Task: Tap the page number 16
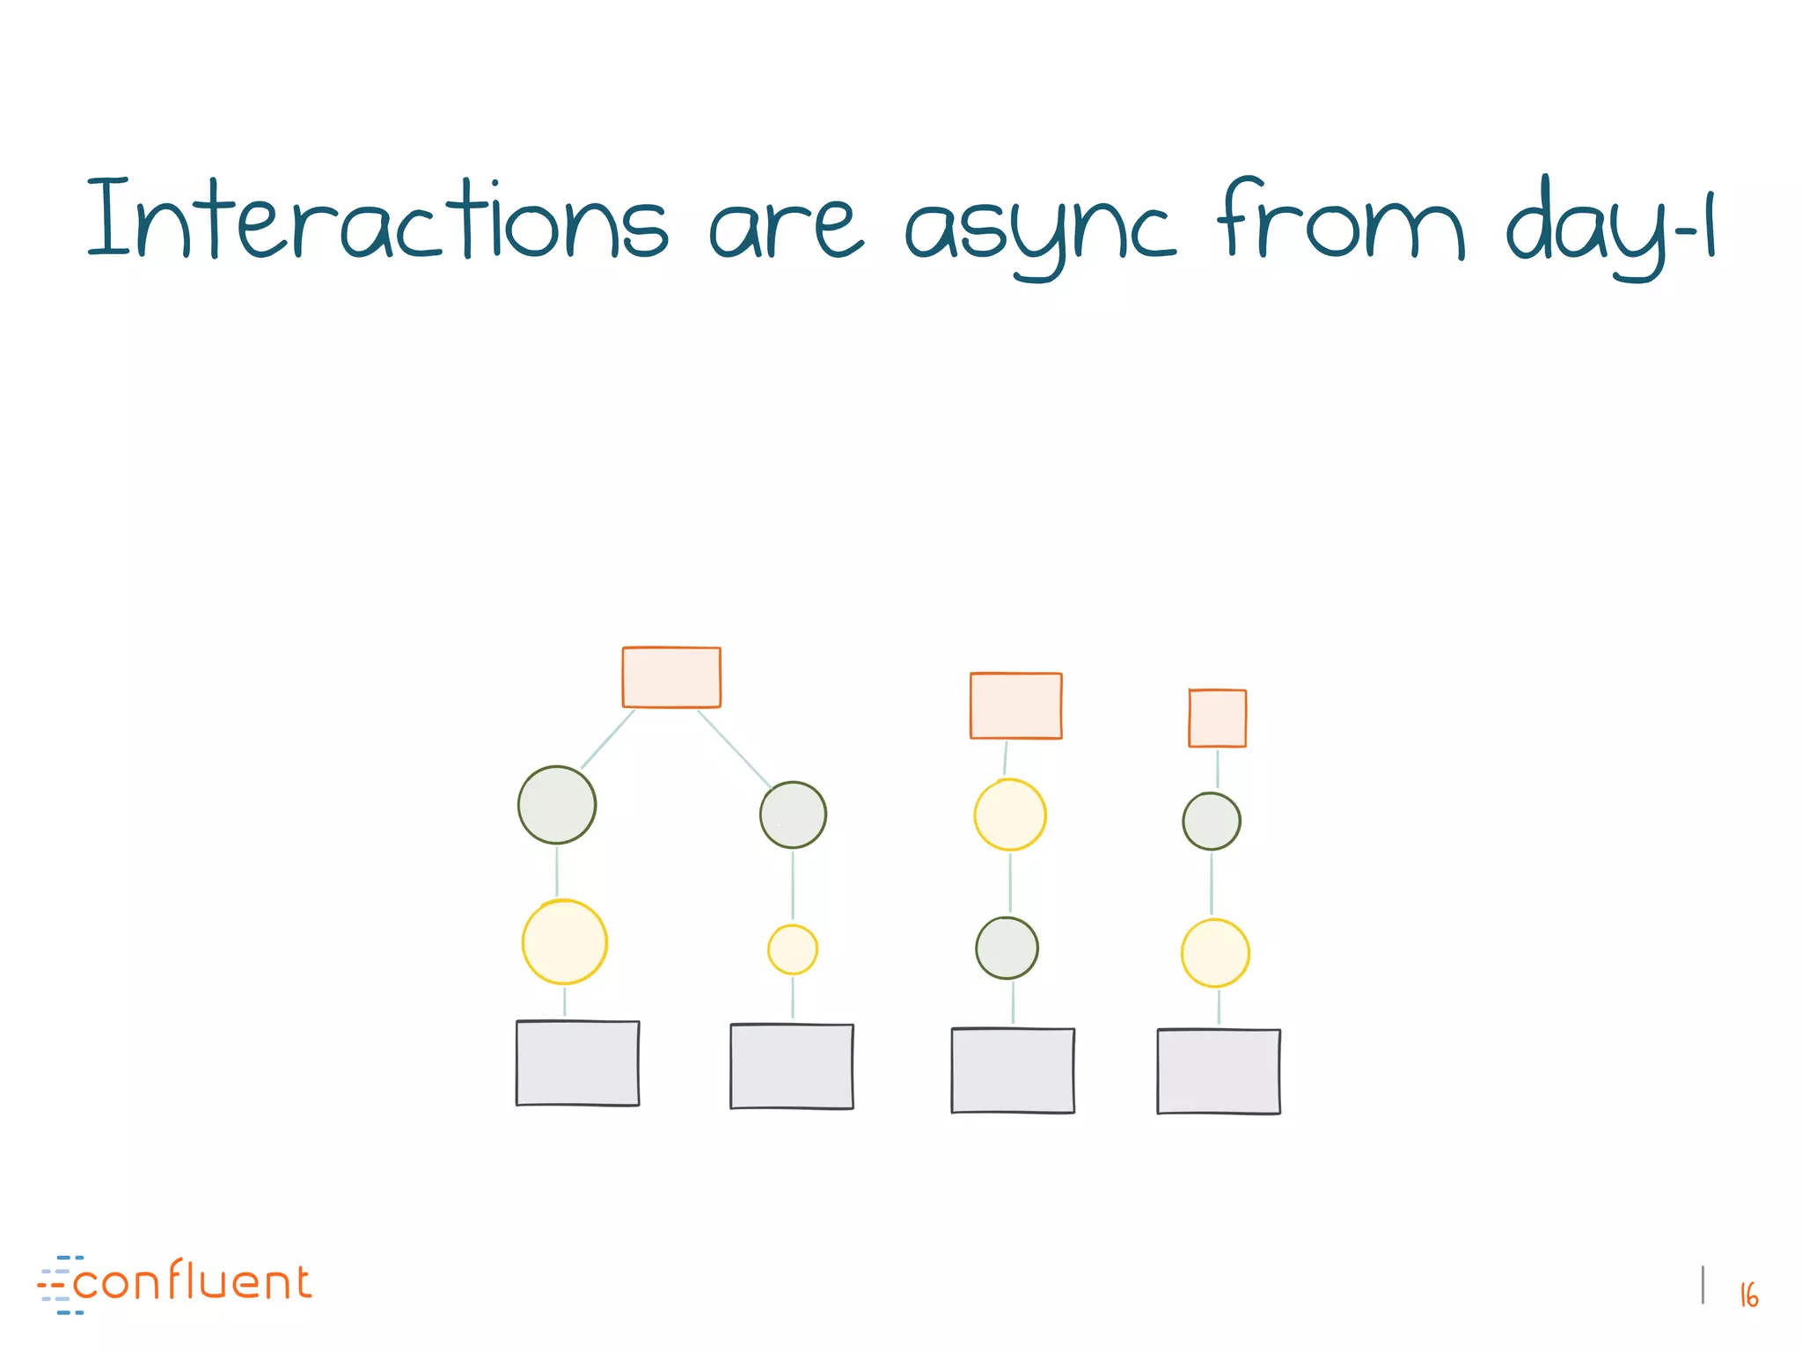[x=1748, y=1295]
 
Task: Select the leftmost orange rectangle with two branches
[x=671, y=677]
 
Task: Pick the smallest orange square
[x=1217, y=718]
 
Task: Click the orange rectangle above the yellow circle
[x=1015, y=705]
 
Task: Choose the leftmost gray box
[x=577, y=1063]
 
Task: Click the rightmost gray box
[x=1218, y=1071]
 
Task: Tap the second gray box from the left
[x=791, y=1066]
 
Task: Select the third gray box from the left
[x=1012, y=1070]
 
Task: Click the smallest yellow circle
[x=792, y=949]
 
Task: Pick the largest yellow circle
[x=564, y=941]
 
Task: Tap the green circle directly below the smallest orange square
[x=1211, y=821]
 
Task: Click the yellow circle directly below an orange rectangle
[x=1009, y=814]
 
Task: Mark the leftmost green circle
[x=556, y=804]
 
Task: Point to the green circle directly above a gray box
[x=1007, y=947]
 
